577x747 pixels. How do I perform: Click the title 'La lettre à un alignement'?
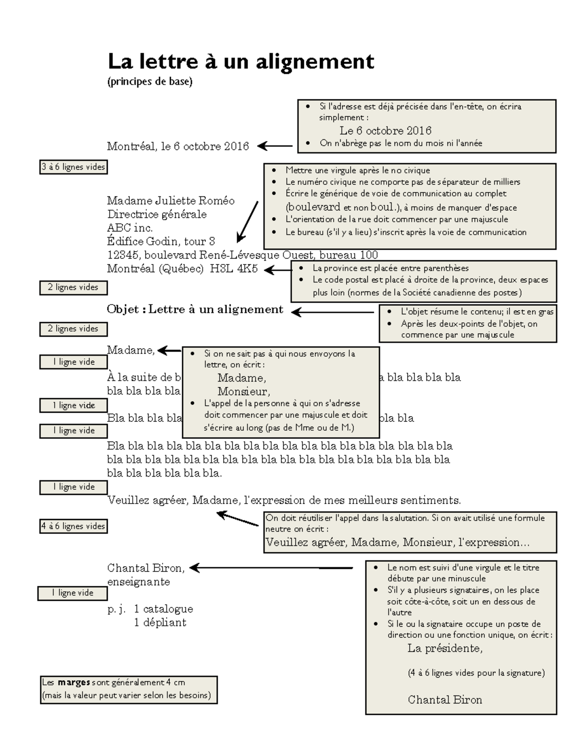[240, 62]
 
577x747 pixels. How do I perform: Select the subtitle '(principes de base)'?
[150, 82]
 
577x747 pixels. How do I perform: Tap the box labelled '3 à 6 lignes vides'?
[73, 167]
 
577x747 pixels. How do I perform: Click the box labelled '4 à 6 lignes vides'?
[73, 526]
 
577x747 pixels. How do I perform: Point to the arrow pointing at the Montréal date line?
[275, 146]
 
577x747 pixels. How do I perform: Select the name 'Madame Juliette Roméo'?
[171, 201]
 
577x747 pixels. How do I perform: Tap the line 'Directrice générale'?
[157, 214]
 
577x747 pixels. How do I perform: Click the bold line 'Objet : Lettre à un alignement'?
[195, 309]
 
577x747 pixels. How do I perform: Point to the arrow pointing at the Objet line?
[332, 312]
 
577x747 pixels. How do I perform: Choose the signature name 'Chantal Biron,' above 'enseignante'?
[146, 568]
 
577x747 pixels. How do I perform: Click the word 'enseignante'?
[138, 582]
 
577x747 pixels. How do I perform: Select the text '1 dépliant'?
[160, 622]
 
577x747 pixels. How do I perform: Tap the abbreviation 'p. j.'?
[116, 609]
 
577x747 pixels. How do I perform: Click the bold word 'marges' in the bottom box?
[74, 683]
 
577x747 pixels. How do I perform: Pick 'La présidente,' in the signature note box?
[445, 648]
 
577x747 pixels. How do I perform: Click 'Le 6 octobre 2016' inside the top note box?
[385, 131]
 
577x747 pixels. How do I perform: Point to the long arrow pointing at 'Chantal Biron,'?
[272, 568]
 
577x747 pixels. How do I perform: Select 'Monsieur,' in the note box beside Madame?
[243, 392]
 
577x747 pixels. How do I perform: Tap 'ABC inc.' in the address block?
[130, 228]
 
